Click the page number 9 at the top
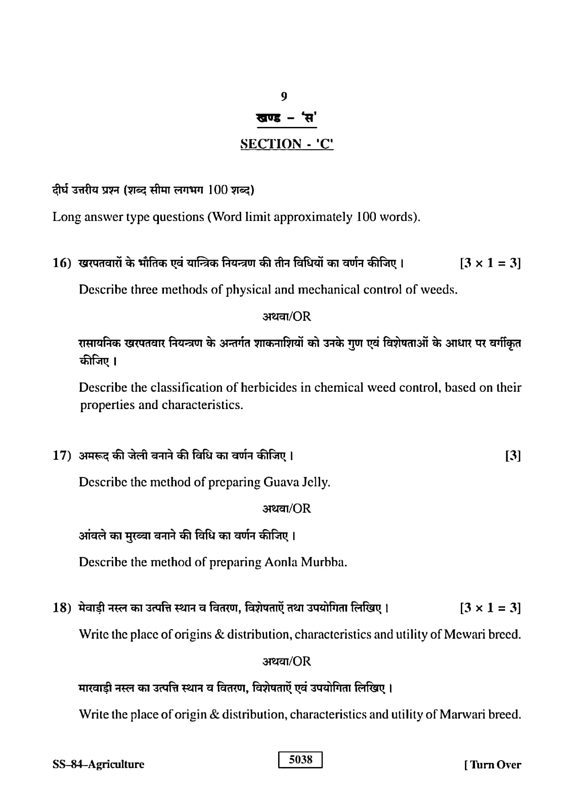(x=284, y=96)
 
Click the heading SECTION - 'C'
(x=287, y=144)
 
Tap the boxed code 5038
(x=301, y=760)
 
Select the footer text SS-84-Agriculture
(x=98, y=764)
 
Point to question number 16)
(x=62, y=263)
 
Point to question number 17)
(x=62, y=456)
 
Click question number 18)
(x=62, y=608)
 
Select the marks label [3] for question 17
(x=513, y=456)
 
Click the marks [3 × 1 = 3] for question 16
(x=490, y=263)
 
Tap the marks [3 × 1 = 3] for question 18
(x=490, y=608)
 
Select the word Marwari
(x=462, y=714)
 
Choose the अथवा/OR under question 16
(x=287, y=316)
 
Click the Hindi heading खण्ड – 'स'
(x=287, y=118)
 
